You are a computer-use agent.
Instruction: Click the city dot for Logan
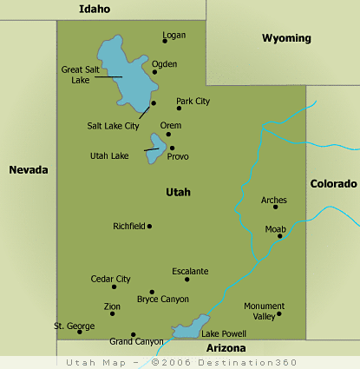point(165,40)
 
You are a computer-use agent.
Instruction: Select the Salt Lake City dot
point(154,103)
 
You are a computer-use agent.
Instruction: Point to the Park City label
point(193,102)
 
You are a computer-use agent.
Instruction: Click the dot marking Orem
point(168,134)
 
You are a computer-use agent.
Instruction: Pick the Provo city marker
point(172,148)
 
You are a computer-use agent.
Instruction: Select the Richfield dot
point(149,226)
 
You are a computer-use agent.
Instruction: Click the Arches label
point(274,200)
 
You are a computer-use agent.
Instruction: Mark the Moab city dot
point(279,235)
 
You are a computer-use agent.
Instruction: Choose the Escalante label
point(190,271)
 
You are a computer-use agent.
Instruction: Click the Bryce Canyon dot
point(152,292)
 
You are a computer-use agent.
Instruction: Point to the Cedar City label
point(110,279)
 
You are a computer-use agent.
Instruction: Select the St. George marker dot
point(79,331)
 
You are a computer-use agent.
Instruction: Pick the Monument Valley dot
point(278,313)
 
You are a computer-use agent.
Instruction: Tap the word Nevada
point(28,169)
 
